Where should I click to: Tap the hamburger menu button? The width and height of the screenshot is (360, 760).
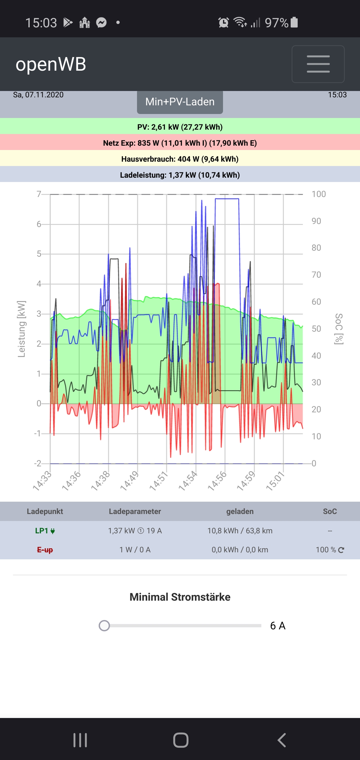tap(318, 64)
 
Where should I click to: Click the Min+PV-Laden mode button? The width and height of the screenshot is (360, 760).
tap(180, 102)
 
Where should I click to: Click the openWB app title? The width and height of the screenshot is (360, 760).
tap(51, 64)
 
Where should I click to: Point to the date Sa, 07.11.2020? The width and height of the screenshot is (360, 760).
tap(38, 95)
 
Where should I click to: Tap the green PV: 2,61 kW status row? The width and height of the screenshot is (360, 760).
tap(180, 127)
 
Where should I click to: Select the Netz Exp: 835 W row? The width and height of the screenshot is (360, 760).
tap(180, 143)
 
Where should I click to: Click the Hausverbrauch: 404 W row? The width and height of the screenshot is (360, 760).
tap(180, 159)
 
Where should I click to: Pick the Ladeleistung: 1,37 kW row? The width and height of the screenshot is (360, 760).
tap(180, 175)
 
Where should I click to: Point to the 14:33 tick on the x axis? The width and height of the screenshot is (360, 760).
tap(42, 481)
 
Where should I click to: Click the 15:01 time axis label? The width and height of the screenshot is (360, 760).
tap(275, 481)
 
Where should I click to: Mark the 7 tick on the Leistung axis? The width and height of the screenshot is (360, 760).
tap(39, 194)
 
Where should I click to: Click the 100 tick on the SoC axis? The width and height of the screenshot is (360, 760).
tap(318, 194)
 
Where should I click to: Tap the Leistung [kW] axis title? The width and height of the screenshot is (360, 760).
tap(21, 329)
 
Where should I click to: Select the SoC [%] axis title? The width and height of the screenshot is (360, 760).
tap(339, 329)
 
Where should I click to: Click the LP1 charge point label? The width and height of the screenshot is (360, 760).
tap(45, 531)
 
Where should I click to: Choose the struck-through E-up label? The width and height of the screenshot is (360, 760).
tap(45, 550)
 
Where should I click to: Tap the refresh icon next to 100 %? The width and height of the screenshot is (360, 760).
tap(341, 550)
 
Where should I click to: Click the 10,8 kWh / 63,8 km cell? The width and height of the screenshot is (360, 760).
tap(240, 531)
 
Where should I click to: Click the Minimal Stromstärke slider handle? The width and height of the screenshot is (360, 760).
tap(104, 626)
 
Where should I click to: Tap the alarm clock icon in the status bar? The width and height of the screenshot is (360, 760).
tap(223, 23)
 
